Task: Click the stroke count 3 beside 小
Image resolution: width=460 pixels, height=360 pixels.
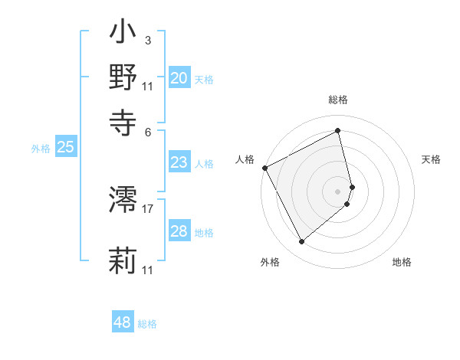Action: (x=148, y=41)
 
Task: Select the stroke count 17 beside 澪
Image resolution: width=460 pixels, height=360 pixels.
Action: (x=148, y=208)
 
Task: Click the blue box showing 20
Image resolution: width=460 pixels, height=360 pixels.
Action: (x=179, y=78)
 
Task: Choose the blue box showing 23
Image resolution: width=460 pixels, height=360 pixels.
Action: (x=179, y=162)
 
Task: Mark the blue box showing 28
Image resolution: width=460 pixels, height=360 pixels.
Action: (x=179, y=231)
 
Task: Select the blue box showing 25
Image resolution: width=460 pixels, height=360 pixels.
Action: (x=65, y=148)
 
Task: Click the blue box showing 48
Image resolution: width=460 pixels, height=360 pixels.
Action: (x=122, y=322)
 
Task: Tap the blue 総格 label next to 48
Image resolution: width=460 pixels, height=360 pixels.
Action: (x=147, y=324)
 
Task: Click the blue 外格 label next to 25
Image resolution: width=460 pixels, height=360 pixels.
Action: (x=41, y=149)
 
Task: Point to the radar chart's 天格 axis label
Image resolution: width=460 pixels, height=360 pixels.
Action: (x=431, y=159)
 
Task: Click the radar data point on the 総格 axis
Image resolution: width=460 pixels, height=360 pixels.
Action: (x=338, y=130)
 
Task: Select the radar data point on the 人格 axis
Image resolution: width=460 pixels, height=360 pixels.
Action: (x=264, y=168)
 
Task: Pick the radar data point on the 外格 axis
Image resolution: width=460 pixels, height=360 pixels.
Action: (x=301, y=242)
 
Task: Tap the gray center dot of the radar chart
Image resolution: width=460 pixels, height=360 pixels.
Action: (x=338, y=191)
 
